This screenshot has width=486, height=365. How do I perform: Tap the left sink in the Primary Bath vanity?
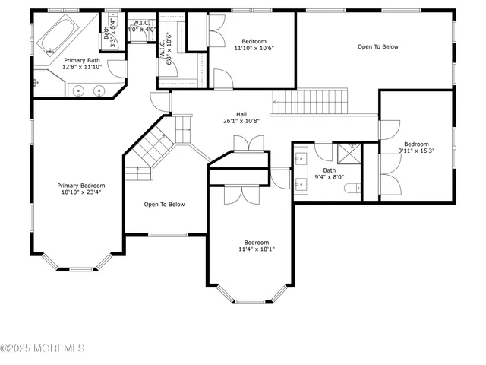[x=80, y=91]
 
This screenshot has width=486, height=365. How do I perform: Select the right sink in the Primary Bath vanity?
[x=99, y=91]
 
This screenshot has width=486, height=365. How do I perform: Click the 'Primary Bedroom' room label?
[x=81, y=186]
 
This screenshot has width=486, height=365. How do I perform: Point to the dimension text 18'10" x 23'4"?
[x=81, y=193]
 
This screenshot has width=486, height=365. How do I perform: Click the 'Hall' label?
[x=241, y=113]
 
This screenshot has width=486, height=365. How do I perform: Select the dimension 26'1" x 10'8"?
[x=241, y=121]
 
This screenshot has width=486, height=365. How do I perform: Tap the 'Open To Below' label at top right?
[x=378, y=47]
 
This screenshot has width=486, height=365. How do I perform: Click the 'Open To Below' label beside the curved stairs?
[x=165, y=204]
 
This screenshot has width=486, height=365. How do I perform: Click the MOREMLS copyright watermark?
[x=43, y=348]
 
